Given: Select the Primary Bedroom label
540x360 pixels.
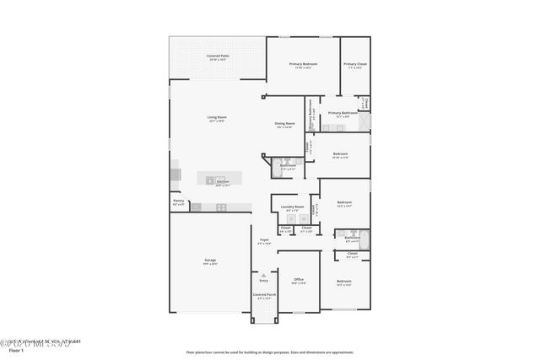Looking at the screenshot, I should [x=305, y=64].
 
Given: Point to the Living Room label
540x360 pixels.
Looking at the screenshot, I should [x=217, y=117].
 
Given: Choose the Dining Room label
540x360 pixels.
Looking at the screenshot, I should [x=284, y=124].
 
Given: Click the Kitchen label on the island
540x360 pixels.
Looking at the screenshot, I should [x=222, y=182].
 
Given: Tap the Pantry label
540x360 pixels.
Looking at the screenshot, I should [x=178, y=201].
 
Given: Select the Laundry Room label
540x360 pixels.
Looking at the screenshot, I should [x=292, y=206].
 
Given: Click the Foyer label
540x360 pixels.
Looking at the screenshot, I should [x=264, y=240].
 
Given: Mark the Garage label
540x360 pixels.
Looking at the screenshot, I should [x=210, y=261].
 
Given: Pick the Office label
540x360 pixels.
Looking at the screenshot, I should [x=298, y=279].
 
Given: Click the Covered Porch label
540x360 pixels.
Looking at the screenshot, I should [x=264, y=295].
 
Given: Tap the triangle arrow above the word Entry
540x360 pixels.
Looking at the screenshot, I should [x=264, y=275].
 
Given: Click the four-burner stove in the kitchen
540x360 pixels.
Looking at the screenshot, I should [x=221, y=207].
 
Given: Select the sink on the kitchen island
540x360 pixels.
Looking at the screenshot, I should [x=210, y=180].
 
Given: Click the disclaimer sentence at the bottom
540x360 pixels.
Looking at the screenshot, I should [x=270, y=352].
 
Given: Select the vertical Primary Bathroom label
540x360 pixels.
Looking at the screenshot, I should [x=311, y=116].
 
